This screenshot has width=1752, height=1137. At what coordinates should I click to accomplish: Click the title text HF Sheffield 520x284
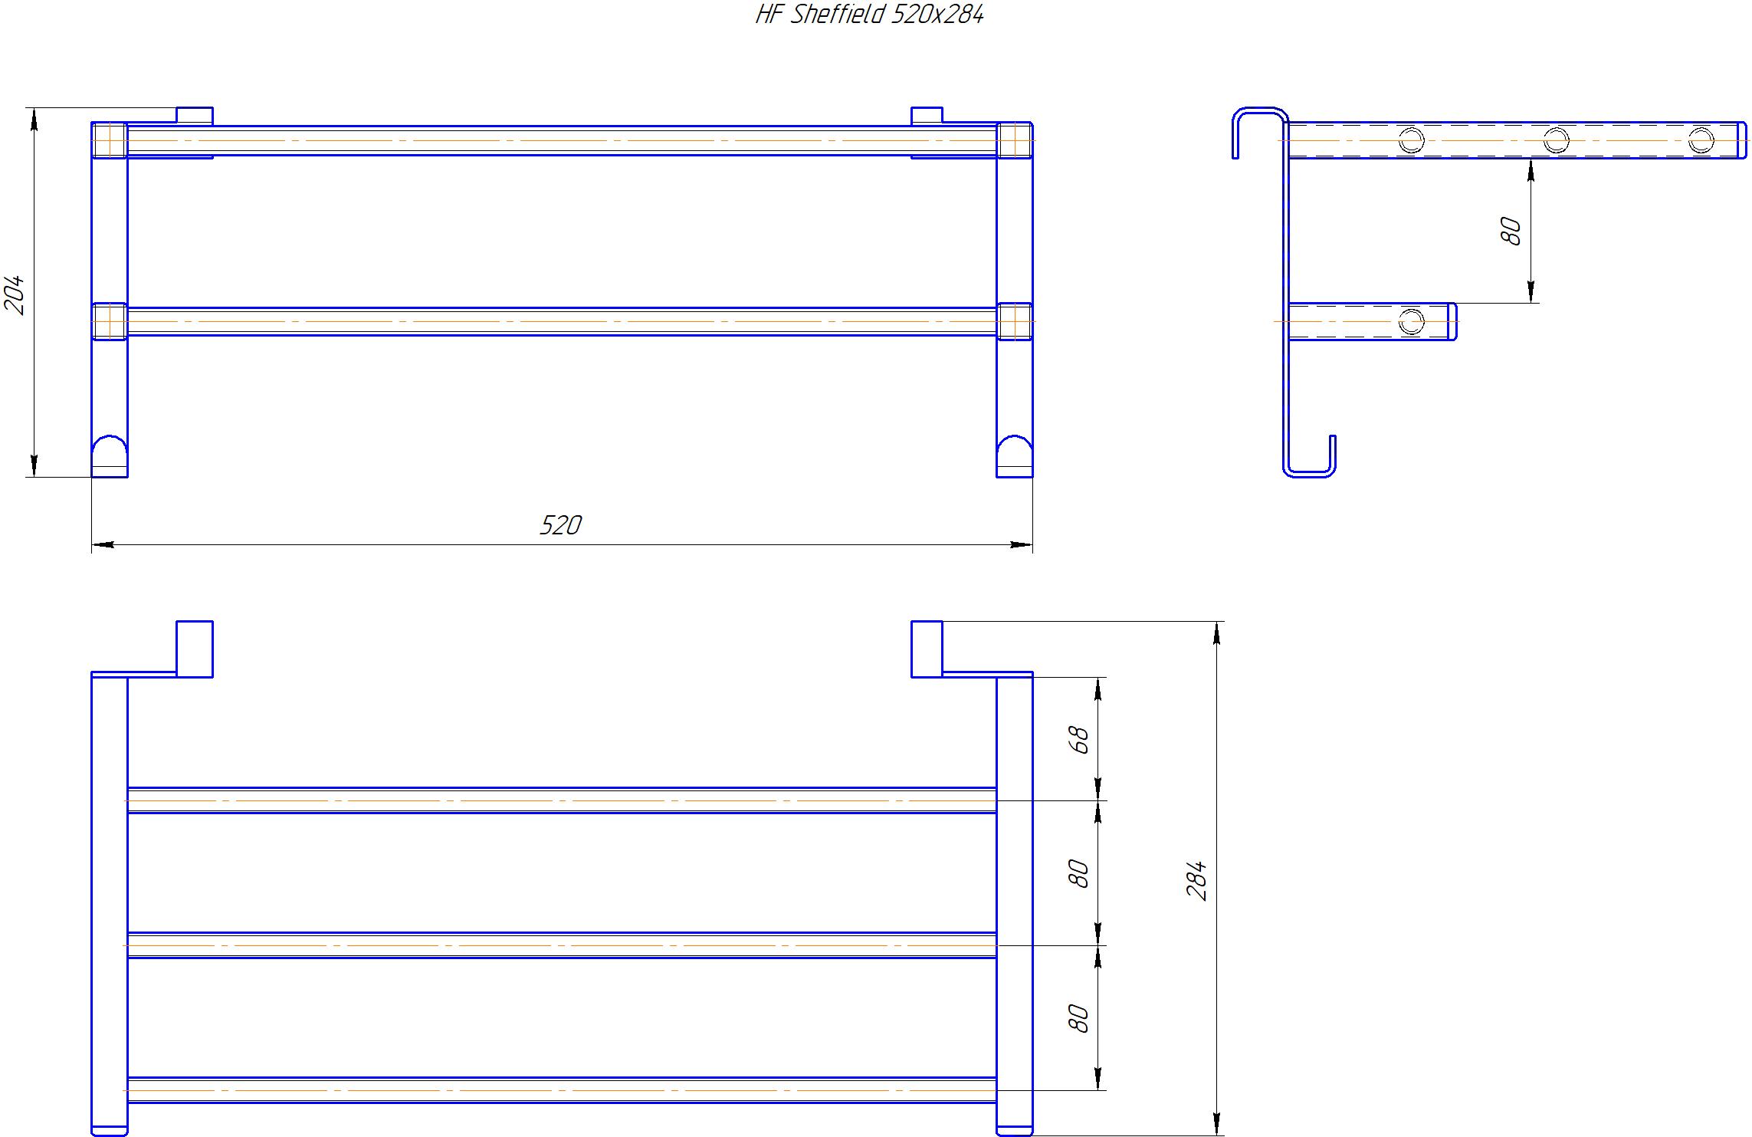(x=869, y=15)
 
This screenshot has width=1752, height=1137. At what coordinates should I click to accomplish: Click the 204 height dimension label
(x=15, y=295)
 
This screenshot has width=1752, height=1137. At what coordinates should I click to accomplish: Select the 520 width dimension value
(x=561, y=525)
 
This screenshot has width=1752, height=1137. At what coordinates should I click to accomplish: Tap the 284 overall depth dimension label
(x=1196, y=880)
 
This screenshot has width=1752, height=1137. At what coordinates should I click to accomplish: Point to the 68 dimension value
(x=1078, y=739)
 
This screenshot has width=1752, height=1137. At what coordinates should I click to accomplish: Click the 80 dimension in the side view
(x=1511, y=231)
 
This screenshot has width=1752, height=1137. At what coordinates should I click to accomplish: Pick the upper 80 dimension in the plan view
(x=1078, y=873)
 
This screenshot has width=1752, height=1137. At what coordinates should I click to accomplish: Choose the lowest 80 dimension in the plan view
(x=1078, y=1018)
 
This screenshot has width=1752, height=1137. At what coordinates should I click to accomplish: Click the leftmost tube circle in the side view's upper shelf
(x=1411, y=140)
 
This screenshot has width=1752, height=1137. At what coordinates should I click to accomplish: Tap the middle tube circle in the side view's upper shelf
(x=1556, y=140)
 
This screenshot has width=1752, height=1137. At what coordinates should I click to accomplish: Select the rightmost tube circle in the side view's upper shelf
(x=1701, y=140)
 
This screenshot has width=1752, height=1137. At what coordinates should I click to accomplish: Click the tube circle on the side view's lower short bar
(x=1411, y=321)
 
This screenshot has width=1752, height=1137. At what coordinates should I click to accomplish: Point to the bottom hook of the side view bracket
(x=1309, y=473)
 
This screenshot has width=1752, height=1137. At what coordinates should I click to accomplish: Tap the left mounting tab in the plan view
(x=195, y=649)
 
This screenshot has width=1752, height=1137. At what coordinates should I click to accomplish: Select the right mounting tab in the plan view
(x=927, y=649)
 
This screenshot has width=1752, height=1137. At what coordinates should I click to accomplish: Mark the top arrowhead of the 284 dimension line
(x=1218, y=632)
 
